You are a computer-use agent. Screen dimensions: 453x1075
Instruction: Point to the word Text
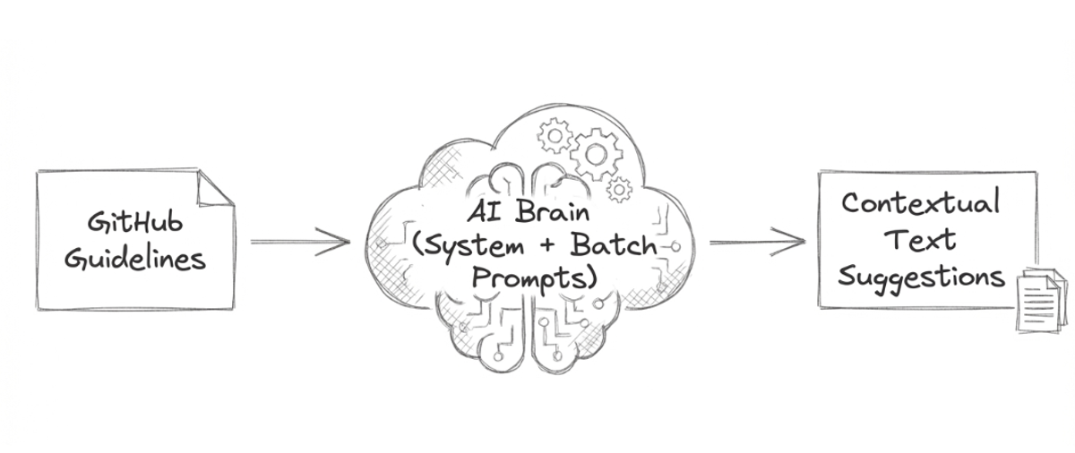920,239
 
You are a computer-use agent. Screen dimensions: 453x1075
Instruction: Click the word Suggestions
921,277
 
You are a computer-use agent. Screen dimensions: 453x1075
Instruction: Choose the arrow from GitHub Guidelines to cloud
299,241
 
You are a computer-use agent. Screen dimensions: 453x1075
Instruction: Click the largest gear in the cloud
595,153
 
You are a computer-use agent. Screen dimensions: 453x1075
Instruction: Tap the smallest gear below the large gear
619,189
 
